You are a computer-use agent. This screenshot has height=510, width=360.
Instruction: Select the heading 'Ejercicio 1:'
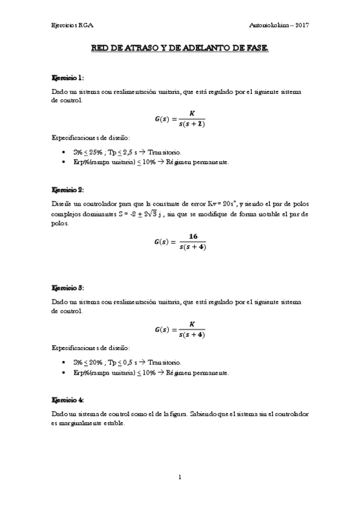pos(68,78)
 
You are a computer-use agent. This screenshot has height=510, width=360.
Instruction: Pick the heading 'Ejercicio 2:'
pos(68,189)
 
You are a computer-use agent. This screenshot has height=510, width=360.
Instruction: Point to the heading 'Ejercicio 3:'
pos(68,289)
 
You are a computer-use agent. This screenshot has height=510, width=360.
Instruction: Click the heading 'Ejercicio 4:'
pos(68,400)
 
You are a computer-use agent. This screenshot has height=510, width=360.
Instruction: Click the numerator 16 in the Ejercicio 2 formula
pos(194,237)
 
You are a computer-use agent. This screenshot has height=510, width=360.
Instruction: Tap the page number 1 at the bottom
pos(180,477)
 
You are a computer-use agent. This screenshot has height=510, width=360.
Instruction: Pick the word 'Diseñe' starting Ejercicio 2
pos(63,204)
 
